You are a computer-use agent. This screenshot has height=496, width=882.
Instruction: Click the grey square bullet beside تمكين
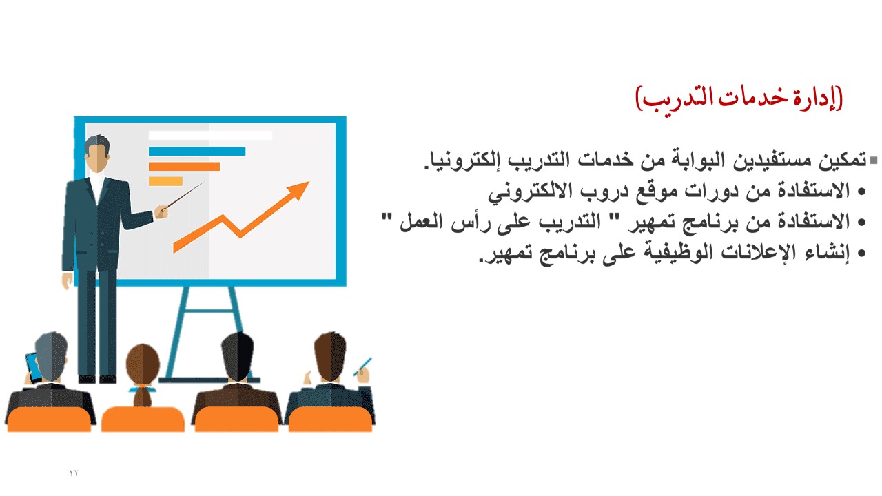(x=874, y=161)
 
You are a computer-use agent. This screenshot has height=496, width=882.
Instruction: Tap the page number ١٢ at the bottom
(x=74, y=473)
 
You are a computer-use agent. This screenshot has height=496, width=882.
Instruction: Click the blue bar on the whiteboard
(x=197, y=151)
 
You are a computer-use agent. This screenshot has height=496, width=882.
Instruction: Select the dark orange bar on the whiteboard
(x=184, y=167)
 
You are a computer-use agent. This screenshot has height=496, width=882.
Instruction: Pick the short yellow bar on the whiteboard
(x=165, y=181)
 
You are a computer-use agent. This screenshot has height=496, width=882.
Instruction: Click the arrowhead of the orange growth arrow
(x=298, y=189)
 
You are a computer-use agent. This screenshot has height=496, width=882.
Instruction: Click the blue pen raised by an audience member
(x=362, y=366)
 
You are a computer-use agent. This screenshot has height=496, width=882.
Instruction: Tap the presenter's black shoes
(x=97, y=380)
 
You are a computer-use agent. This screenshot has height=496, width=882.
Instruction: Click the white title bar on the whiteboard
(x=210, y=136)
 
